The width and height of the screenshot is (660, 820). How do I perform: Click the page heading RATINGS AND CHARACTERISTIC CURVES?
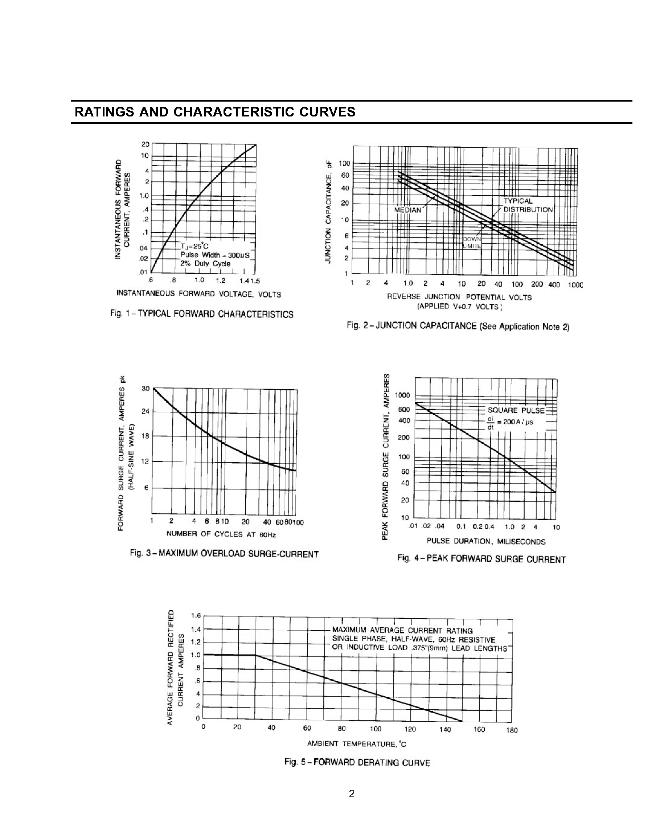(x=215, y=112)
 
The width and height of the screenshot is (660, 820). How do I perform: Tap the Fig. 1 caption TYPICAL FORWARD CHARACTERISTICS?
(x=202, y=314)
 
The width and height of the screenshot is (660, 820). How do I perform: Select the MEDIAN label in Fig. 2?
(x=408, y=210)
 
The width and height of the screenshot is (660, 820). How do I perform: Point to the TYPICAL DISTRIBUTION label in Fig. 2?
(x=528, y=205)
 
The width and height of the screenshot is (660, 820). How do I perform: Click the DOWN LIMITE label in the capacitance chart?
(x=472, y=243)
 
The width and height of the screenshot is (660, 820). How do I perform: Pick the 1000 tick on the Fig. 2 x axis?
(x=575, y=285)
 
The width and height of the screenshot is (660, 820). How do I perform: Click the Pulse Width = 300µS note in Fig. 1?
(x=215, y=255)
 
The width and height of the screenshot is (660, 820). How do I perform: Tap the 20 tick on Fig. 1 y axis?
(x=145, y=144)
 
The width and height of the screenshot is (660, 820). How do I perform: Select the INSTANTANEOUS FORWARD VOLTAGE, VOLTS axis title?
(x=198, y=294)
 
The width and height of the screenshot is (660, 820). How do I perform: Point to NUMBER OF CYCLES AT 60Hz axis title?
(x=221, y=534)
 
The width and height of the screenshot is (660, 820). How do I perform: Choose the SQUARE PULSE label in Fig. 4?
(x=516, y=410)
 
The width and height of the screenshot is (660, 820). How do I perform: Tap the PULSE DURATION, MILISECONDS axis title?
(x=486, y=541)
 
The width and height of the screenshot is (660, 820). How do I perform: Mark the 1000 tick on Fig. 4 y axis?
(x=402, y=395)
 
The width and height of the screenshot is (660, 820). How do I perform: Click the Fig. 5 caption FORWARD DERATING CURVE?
(x=357, y=762)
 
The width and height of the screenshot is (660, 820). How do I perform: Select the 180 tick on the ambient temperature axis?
(x=512, y=730)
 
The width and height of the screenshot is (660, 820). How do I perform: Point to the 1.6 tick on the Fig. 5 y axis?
(x=196, y=615)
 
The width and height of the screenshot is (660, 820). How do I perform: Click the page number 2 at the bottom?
(x=352, y=794)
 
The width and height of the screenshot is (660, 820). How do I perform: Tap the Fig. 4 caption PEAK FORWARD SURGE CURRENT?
(x=481, y=559)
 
